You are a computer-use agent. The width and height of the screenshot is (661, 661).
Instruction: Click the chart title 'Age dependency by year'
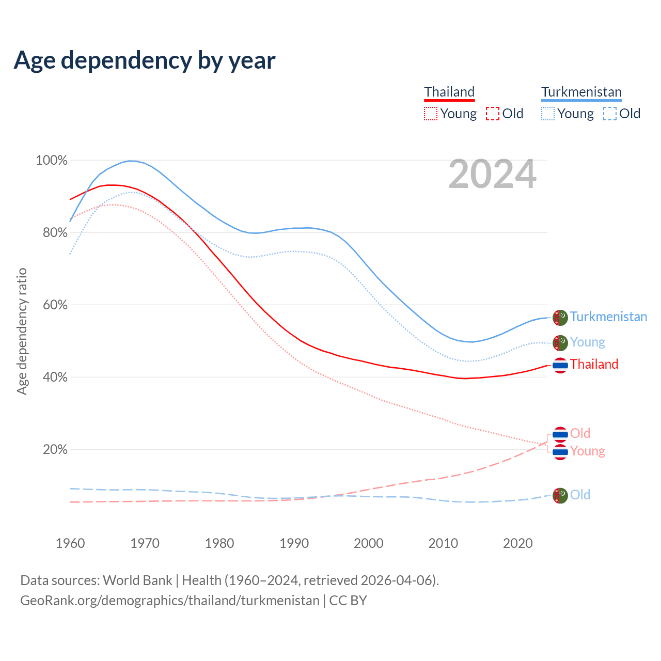point(145,60)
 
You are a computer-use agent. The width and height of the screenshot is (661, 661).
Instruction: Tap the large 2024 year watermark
point(492,175)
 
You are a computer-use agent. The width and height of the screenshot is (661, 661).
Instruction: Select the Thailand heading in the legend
point(449,92)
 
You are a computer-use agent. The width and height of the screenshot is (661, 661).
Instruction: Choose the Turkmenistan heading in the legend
point(581,92)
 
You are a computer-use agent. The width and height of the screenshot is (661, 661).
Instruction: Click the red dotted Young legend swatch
point(431,114)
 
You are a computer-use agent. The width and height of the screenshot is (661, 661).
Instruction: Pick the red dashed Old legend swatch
point(493,114)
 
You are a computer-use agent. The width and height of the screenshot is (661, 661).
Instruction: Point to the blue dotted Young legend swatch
point(548,114)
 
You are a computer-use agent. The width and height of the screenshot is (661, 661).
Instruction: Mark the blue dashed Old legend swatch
point(610,114)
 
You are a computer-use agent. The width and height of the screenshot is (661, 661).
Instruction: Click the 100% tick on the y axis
point(52,161)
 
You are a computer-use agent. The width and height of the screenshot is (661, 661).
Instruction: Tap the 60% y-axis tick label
point(55,305)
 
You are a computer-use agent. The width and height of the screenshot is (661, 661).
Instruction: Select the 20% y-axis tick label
point(55,450)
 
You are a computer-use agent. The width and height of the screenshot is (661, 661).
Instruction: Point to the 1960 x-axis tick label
point(70,543)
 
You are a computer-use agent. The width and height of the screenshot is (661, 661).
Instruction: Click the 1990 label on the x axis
point(294,543)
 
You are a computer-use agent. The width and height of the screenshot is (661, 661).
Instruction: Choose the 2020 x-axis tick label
point(517,543)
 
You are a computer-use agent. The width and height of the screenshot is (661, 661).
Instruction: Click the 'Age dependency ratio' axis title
point(22,331)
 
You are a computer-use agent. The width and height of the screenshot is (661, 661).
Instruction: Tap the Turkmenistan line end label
point(608,317)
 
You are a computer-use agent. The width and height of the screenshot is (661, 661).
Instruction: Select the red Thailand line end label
point(594,364)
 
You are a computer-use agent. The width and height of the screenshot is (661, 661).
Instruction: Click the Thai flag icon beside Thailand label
point(560,365)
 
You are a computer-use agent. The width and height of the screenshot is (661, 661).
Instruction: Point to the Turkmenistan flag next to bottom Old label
point(560,496)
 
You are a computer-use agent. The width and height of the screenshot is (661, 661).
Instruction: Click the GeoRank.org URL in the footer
point(170,601)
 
